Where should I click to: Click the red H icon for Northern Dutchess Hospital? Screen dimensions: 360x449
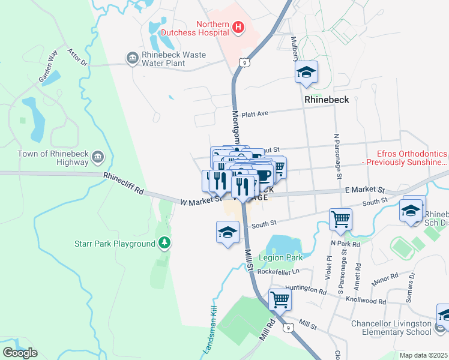click(x=239, y=27)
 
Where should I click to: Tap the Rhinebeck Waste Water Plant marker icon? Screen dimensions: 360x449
click(x=131, y=58)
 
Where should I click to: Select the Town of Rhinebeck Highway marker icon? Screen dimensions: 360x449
click(x=98, y=158)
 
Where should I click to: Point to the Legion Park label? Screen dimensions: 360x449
click(x=281, y=257)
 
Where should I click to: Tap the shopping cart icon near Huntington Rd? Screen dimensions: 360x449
click(x=280, y=298)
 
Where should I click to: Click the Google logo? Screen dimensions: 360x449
click(x=20, y=353)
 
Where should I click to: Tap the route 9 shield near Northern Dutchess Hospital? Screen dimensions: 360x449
click(x=243, y=62)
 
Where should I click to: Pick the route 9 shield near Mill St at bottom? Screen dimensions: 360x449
click(x=289, y=328)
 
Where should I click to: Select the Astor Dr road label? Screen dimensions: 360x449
click(x=77, y=58)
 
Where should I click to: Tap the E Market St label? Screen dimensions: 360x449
click(x=364, y=190)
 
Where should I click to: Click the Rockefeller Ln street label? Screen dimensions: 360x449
click(x=278, y=271)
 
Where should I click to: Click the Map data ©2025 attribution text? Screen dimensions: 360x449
click(x=424, y=355)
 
